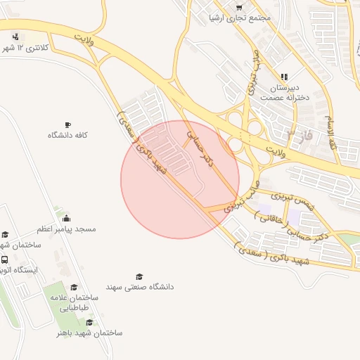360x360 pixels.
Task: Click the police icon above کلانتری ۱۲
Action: [15, 37]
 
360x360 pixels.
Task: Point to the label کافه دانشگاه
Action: [67, 134]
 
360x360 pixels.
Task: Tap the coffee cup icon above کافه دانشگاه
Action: [67, 123]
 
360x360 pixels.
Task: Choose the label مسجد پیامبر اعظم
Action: [66, 229]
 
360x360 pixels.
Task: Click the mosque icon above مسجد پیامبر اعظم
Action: [66, 217]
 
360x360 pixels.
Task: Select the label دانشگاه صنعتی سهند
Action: [140, 287]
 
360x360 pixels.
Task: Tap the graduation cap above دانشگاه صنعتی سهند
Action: [139, 276]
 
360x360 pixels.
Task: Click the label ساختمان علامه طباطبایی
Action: [74, 303]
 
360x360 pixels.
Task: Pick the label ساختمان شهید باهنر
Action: [89, 332]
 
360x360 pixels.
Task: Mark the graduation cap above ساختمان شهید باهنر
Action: [89, 321]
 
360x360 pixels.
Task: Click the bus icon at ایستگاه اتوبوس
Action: [5, 259]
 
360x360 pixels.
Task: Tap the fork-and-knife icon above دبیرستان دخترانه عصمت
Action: [284, 77]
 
